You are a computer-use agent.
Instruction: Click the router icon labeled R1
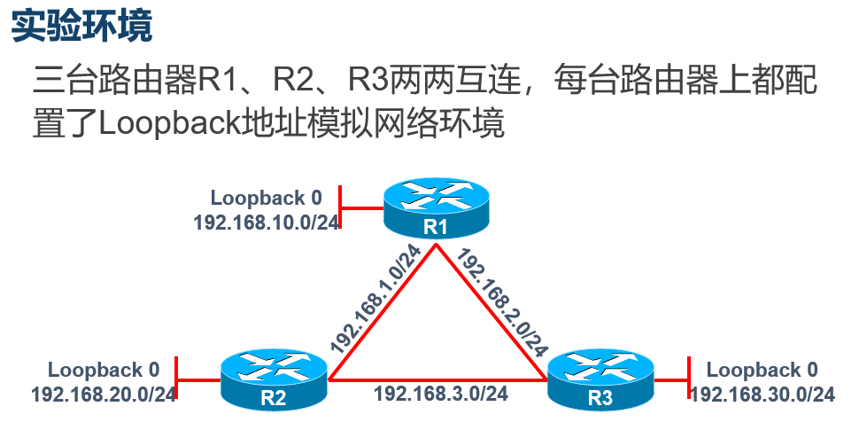[x=435, y=209]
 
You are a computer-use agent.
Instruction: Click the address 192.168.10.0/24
[x=267, y=222]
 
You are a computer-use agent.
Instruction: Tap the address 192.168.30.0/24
[x=762, y=394]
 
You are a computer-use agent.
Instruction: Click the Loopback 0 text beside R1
[x=267, y=197]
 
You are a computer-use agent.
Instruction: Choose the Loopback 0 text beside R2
[x=104, y=369]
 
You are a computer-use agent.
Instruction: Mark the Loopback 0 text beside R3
[x=762, y=369]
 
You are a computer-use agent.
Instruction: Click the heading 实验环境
[x=81, y=27]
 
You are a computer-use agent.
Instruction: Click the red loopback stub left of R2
[x=199, y=381]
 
